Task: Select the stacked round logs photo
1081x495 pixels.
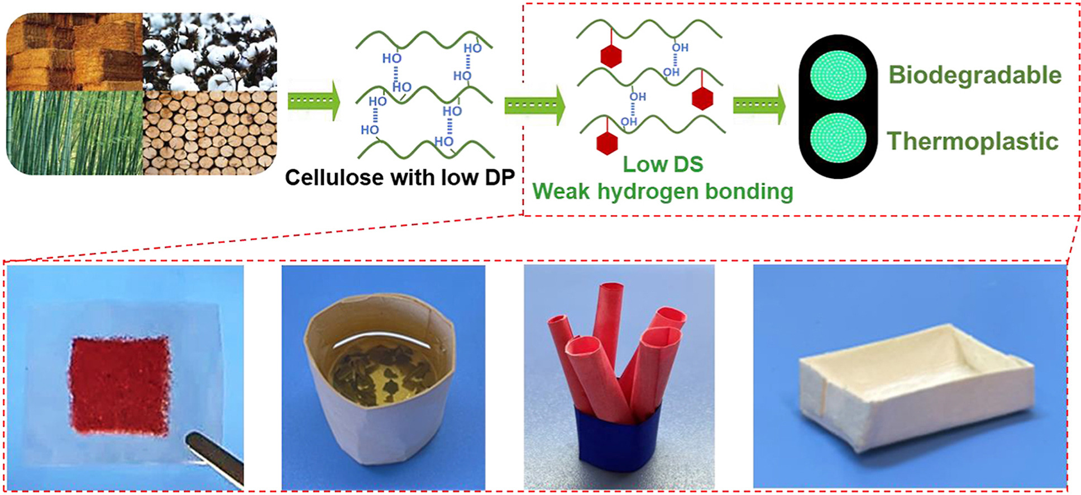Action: [x=209, y=132]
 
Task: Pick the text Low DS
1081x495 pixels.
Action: [x=663, y=164]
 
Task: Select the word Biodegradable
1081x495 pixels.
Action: [x=974, y=75]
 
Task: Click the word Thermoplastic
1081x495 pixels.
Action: [x=972, y=141]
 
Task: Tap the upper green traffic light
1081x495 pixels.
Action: [x=838, y=75]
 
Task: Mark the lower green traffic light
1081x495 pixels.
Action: [x=838, y=138]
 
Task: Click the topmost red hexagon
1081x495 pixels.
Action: [x=611, y=56]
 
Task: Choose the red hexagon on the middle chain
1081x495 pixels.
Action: [x=702, y=98]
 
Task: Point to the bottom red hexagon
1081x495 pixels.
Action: [x=607, y=143]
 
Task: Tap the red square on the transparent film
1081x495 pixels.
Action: [x=119, y=385]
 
